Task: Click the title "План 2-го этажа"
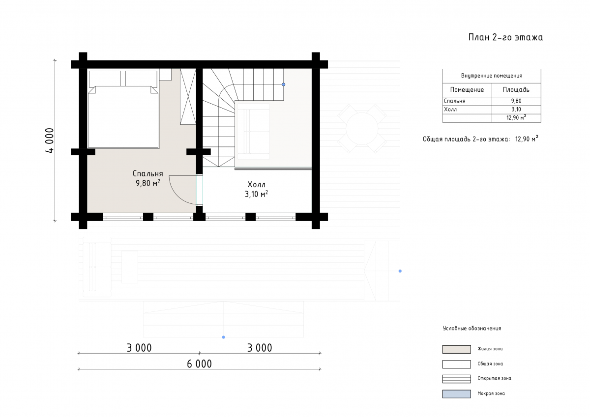coord(505,37)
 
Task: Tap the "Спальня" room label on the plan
coord(148,174)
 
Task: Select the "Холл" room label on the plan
coord(256,184)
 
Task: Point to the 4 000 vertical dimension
coord(50,140)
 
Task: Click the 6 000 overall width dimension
coord(200,364)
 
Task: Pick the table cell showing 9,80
coord(516,101)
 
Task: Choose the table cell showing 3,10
coord(516,110)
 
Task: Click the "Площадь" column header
coord(516,90)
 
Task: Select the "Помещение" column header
coord(467,90)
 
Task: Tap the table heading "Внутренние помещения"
coord(492,76)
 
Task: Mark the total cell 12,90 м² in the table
coord(516,117)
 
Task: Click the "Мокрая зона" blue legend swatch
coord(456,394)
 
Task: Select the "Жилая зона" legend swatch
coord(456,349)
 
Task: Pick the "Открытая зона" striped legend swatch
coord(456,379)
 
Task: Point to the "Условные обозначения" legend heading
coord(472,328)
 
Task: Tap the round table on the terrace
coord(362,128)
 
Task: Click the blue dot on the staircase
coord(283,84)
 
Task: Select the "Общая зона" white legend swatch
coord(456,364)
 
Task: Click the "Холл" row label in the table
coord(450,110)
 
